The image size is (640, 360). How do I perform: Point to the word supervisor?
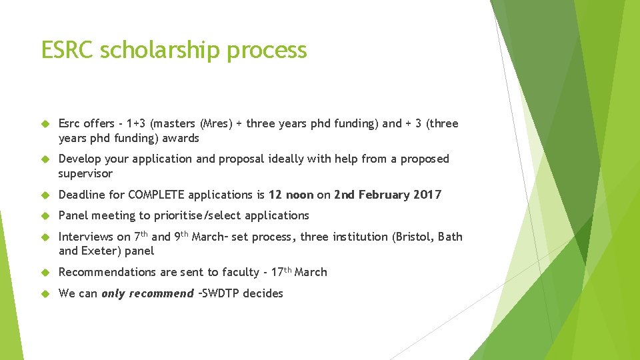point(85,173)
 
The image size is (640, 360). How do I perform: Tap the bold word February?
point(384,195)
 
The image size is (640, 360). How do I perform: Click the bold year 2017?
point(427,195)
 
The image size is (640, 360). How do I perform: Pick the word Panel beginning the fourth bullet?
point(73,215)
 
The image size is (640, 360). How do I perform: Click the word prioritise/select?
point(198,215)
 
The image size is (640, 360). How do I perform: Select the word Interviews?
point(86,237)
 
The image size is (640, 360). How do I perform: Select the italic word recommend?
point(161,293)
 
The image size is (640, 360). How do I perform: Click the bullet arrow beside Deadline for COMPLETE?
point(45,195)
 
